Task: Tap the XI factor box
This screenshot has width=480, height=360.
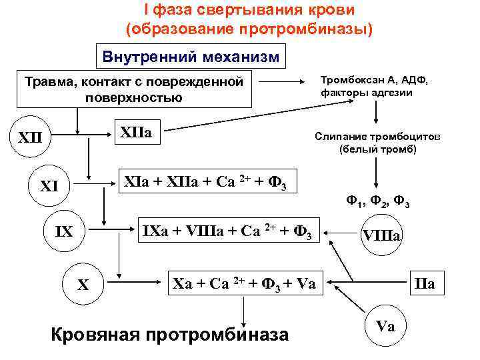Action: click(x=49, y=186)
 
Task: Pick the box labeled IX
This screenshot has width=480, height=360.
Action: click(x=63, y=233)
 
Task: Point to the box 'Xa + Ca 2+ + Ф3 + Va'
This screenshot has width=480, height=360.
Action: click(x=245, y=282)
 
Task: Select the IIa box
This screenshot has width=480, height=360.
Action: click(x=425, y=284)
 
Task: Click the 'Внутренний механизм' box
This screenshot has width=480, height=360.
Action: click(x=191, y=56)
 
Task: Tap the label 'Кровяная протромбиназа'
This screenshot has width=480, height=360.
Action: click(x=170, y=334)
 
